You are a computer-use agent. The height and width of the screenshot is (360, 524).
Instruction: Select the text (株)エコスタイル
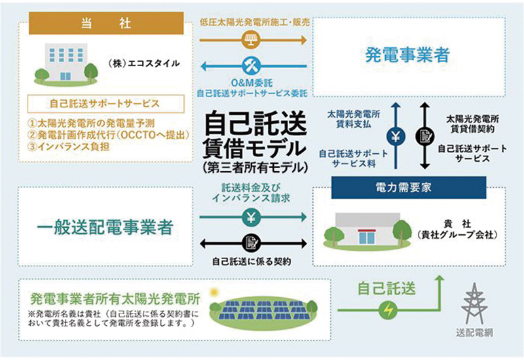143,64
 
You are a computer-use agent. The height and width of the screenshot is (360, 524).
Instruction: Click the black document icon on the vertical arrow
424,137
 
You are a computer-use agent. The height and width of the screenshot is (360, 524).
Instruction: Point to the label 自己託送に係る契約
252,261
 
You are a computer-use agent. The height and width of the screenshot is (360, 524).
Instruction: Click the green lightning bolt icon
389,309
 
